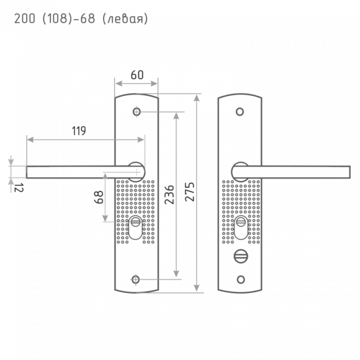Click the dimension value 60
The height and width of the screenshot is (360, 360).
(137, 75)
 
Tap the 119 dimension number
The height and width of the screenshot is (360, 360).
(79, 131)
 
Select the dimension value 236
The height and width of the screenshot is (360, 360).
(169, 194)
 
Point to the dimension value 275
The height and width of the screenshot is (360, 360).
(190, 192)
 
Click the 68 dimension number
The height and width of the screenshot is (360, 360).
(99, 197)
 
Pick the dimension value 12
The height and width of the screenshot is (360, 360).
(19, 188)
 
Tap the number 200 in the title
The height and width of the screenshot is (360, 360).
(24, 19)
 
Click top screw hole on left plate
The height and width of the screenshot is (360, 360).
(137, 112)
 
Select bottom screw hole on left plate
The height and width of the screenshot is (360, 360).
(135, 280)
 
